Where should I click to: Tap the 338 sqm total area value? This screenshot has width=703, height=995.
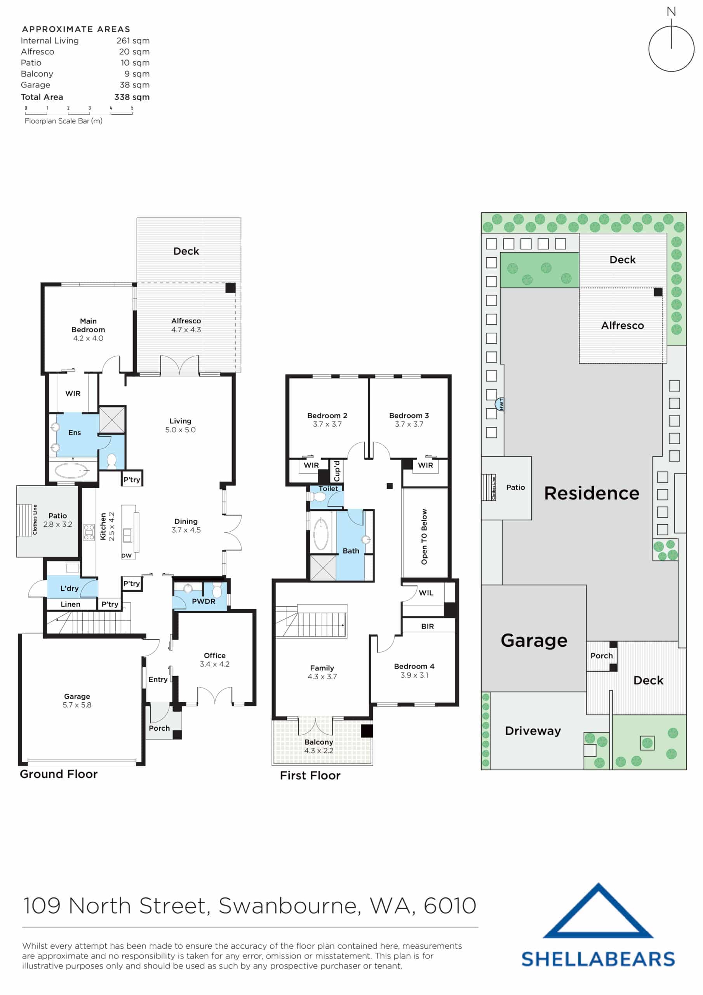[x=132, y=97]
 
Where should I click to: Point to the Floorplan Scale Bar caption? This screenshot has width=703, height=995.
[x=63, y=121]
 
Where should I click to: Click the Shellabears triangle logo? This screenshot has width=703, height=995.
[x=598, y=912]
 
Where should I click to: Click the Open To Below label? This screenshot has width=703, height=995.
[x=424, y=536]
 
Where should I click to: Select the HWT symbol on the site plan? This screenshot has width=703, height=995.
[x=501, y=404]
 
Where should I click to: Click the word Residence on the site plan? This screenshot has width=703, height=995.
[x=591, y=493]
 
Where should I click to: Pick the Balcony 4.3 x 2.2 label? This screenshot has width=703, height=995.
[x=319, y=746]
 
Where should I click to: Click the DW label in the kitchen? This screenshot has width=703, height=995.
[x=126, y=555]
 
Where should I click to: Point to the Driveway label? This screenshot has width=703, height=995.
[x=532, y=731]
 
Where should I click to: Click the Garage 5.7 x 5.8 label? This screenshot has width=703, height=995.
[x=77, y=700]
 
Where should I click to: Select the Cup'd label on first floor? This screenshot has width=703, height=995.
[x=337, y=471]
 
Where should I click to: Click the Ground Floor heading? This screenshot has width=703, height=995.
[x=59, y=774]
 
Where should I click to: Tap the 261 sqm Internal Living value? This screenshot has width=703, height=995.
[x=132, y=41]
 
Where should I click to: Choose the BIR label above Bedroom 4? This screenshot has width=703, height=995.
[x=427, y=626]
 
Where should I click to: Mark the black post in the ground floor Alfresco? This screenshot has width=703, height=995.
[x=230, y=288]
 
